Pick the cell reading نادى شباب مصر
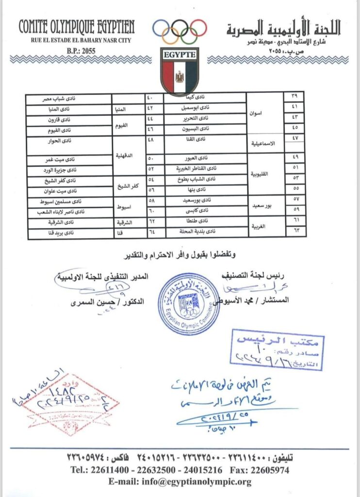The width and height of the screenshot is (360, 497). [69, 98]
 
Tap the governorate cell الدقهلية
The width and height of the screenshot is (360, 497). [126, 156]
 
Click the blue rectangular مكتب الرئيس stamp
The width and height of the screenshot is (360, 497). [277, 350]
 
